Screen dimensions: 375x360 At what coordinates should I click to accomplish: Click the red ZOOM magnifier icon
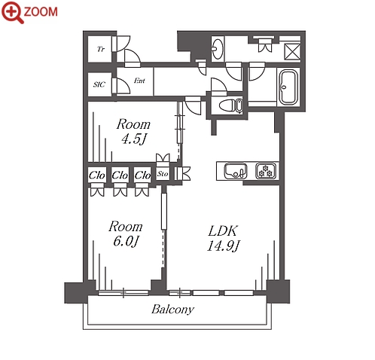[12, 11]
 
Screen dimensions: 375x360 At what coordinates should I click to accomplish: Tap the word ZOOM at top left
[41, 12]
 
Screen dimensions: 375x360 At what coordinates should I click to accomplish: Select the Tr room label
[101, 49]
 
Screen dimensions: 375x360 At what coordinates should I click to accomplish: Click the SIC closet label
[99, 84]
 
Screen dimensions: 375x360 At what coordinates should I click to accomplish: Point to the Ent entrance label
[139, 81]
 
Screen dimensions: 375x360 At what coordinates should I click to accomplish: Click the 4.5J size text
[134, 139]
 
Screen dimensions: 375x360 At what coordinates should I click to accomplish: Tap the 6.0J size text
[126, 242]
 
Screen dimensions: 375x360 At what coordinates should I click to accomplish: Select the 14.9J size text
[223, 246]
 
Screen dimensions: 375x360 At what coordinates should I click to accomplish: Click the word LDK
[223, 231]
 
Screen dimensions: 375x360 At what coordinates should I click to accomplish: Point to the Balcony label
[173, 310]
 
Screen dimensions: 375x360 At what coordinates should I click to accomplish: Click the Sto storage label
[163, 174]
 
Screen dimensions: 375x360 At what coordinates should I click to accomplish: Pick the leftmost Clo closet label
[96, 175]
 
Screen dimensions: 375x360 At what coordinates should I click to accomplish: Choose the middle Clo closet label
[120, 175]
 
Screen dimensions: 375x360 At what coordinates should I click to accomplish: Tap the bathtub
[288, 87]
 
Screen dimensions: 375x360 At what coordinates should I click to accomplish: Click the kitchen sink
[236, 171]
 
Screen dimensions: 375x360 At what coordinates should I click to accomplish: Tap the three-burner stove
[266, 171]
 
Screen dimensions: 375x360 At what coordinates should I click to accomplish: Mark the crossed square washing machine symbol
[292, 52]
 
